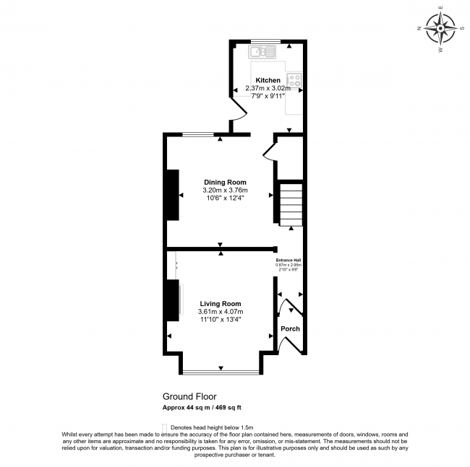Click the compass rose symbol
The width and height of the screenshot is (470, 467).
pyautogui.click(x=440, y=29)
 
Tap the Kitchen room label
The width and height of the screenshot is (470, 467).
pyautogui.click(x=268, y=80)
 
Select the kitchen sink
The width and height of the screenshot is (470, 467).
pyautogui.click(x=263, y=51)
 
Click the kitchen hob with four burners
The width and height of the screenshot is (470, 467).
pyautogui.click(x=295, y=80)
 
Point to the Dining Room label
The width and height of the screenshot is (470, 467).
pyautogui.click(x=225, y=182)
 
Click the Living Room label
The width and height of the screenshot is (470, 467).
pyautogui.click(x=220, y=304)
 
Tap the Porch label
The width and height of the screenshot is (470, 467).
pyautogui.click(x=290, y=329)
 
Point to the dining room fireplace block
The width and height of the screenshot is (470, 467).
pyautogui.click(x=173, y=194)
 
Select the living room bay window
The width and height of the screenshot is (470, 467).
pyautogui.click(x=220, y=372)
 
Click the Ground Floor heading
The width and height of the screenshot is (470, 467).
pyautogui.click(x=189, y=396)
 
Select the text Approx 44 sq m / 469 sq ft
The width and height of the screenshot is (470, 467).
pyautogui.click(x=202, y=407)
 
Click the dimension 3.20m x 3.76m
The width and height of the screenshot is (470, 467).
pyautogui.click(x=225, y=191)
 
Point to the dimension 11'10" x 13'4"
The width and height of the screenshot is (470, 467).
pyautogui.click(x=220, y=320)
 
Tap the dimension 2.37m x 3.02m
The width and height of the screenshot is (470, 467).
pyautogui.click(x=268, y=88)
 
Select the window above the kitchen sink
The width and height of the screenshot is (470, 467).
pyautogui.click(x=265, y=40)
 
